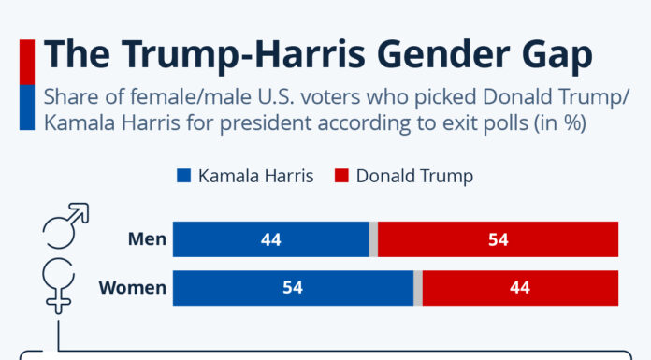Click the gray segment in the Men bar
coord(373,239)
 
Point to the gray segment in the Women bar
coord(418,287)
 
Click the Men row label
coord(147,239)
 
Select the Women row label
coord(133,287)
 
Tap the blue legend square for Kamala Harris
coord(182,176)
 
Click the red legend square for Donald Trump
coord(343,176)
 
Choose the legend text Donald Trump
coord(414,176)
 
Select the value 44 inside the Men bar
coord(271,239)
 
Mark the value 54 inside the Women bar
coord(293,287)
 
